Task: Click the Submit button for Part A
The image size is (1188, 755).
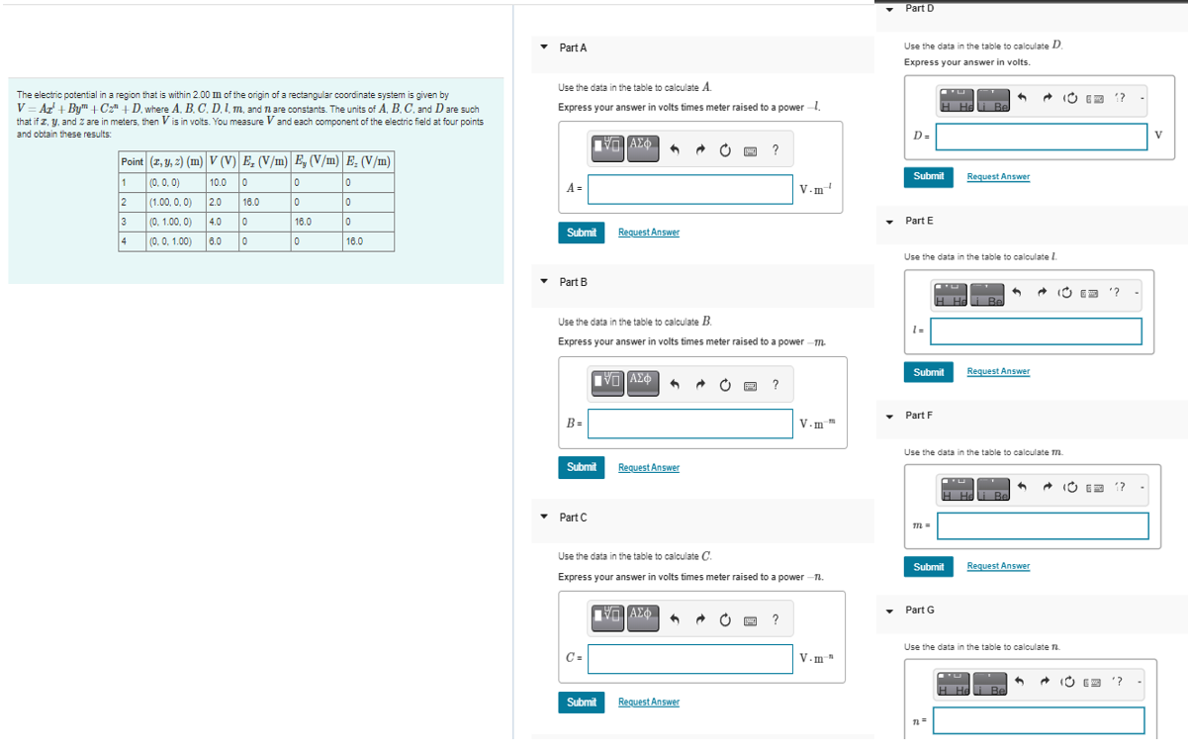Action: (x=582, y=233)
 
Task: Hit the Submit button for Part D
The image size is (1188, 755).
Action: (x=928, y=176)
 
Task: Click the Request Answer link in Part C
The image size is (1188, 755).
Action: (x=648, y=703)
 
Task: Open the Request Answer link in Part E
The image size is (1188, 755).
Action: (x=998, y=372)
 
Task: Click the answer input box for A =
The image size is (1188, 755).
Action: (x=690, y=188)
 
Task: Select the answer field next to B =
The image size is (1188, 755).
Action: (x=690, y=424)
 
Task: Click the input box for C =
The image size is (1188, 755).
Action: (x=690, y=658)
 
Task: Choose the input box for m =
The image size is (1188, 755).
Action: (x=1043, y=525)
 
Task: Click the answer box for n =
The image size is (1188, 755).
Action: (x=1039, y=720)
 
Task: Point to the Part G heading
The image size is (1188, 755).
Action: (x=919, y=611)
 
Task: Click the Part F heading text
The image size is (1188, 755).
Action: (x=919, y=416)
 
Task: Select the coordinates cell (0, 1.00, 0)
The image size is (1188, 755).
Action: (x=173, y=222)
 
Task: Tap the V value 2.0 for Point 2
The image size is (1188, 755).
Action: (x=216, y=202)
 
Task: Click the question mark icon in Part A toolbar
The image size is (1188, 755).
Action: (x=775, y=150)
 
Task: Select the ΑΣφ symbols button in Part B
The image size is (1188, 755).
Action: (x=640, y=381)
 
